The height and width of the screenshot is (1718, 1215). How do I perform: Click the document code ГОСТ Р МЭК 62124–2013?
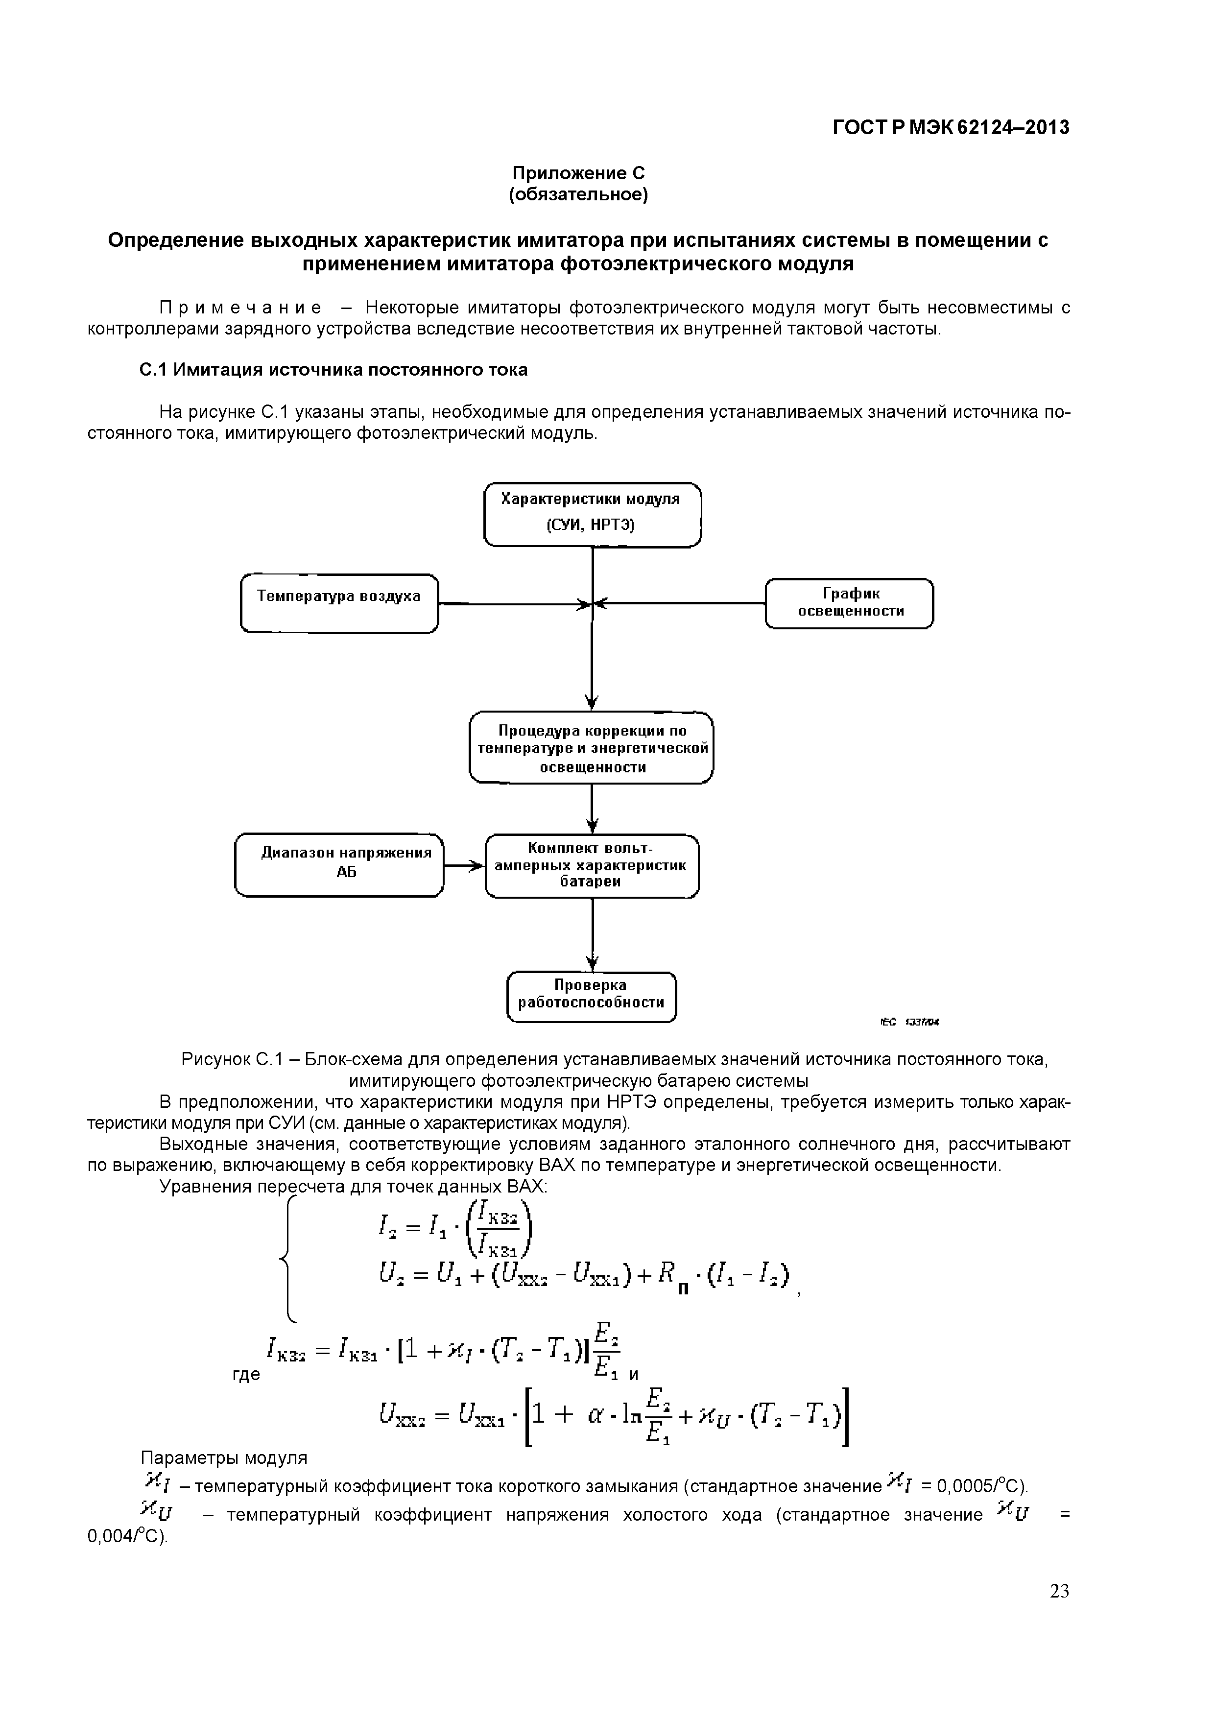click(x=950, y=128)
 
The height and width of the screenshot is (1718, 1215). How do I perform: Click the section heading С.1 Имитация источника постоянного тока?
click(x=334, y=370)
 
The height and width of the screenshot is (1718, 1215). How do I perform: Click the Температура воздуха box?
click(x=339, y=603)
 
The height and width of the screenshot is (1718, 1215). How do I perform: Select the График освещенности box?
click(x=849, y=602)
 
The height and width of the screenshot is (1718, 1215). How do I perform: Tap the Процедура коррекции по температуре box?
click(x=591, y=747)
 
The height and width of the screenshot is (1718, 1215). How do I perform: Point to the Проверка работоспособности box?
click(x=591, y=996)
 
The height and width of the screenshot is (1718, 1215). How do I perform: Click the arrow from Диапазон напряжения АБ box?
click(x=464, y=866)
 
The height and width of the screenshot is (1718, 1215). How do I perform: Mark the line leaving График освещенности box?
click(x=681, y=602)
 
